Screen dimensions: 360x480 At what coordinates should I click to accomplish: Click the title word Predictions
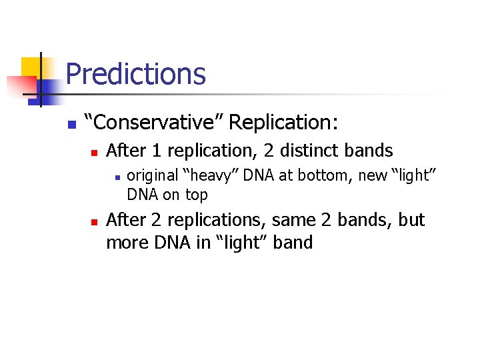tap(136, 74)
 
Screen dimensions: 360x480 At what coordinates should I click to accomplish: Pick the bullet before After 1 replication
tap(94, 152)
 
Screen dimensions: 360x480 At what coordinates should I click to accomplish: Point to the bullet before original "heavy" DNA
tap(116, 177)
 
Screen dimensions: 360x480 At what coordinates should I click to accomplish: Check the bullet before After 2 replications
tap(94, 221)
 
